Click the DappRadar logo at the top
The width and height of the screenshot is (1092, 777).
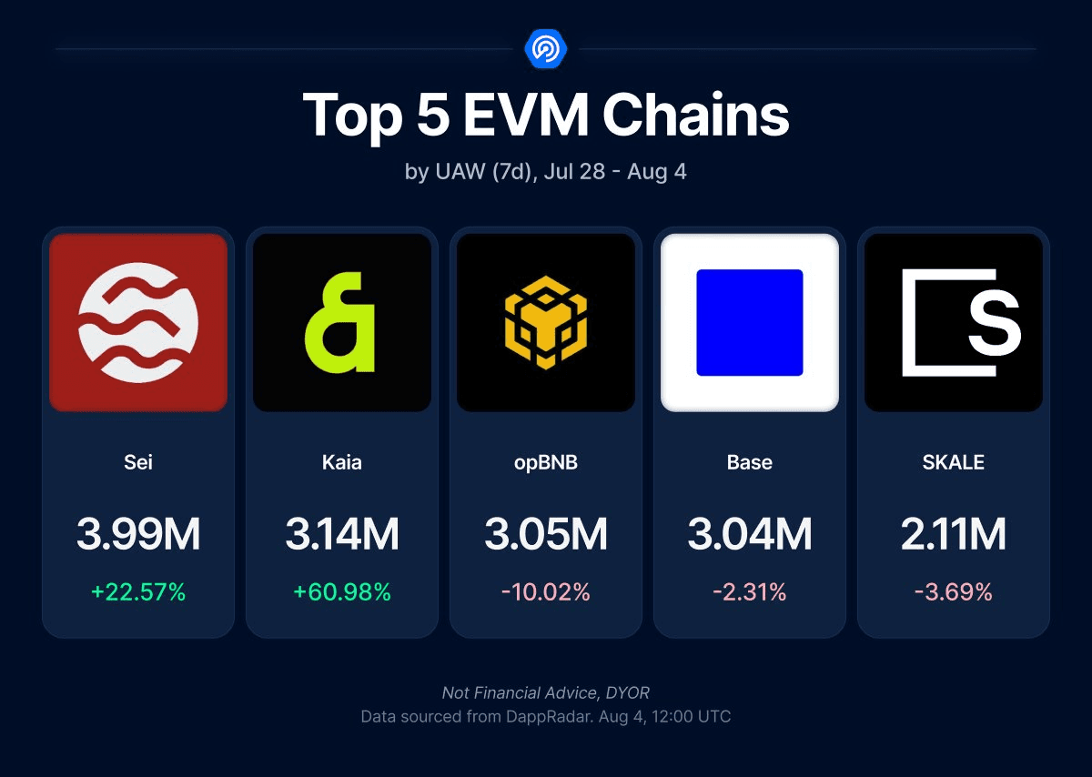545,48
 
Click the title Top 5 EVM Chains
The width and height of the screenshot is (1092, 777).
545,116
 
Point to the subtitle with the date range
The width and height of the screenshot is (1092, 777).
545,171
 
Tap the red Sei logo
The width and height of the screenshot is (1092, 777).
138,322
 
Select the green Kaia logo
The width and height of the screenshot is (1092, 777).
341,322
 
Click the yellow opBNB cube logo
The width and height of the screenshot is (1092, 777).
545,322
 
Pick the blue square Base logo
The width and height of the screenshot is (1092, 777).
749,322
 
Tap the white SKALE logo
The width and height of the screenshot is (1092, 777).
953,322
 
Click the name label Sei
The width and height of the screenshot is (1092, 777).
138,462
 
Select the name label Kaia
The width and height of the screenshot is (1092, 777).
341,462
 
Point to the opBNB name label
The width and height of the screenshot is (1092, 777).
545,462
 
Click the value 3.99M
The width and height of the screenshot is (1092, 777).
138,535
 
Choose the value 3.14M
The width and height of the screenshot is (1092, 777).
341,535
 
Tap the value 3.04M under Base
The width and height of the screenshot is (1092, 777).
749,535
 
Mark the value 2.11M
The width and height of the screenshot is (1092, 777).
953,535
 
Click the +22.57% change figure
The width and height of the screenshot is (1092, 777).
138,592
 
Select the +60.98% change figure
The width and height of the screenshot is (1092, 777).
341,592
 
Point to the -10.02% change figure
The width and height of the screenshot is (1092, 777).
545,592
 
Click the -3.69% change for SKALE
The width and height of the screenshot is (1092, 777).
953,592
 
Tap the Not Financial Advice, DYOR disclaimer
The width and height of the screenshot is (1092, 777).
545,693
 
